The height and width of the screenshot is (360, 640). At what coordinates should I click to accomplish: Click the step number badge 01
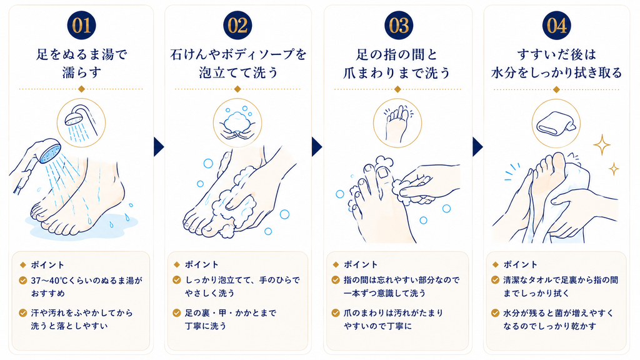[81, 25]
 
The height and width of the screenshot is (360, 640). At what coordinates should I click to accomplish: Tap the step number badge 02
[237, 25]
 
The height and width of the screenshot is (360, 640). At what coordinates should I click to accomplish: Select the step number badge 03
[398, 25]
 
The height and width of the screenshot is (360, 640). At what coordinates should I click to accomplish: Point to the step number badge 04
[556, 25]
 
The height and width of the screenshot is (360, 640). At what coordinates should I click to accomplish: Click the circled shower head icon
[81, 122]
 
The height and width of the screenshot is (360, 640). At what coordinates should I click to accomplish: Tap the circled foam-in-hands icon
[237, 122]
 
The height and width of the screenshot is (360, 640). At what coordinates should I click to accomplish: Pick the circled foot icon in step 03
[397, 123]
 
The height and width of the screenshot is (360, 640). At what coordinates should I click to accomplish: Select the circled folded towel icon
[556, 123]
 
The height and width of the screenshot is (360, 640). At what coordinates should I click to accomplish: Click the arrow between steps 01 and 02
[159, 147]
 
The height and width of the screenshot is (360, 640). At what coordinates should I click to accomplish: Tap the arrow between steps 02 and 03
[317, 147]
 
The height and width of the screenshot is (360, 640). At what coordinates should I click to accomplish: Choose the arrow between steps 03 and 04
[477, 147]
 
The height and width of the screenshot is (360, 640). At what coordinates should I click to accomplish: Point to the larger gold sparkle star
[602, 144]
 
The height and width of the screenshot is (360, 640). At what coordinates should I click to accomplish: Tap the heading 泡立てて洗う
[238, 72]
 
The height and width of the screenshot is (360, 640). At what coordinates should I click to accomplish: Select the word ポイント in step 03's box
[361, 264]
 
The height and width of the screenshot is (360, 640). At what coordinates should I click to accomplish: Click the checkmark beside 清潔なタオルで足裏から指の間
[495, 280]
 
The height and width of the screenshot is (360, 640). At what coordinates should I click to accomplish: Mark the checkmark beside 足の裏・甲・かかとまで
[177, 313]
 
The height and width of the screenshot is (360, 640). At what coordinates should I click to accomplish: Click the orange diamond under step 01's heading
[81, 89]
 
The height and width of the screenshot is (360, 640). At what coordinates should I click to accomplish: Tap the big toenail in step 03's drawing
[384, 173]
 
